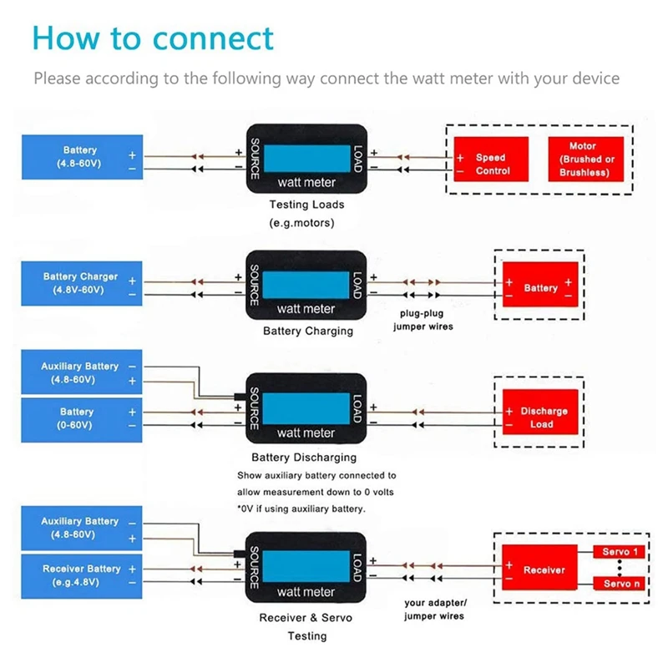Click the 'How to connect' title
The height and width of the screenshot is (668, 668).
[153, 38]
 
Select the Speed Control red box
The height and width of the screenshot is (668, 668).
[491, 159]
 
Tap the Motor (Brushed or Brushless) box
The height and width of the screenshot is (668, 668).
[586, 159]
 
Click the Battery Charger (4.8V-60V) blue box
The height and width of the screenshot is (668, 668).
[82, 283]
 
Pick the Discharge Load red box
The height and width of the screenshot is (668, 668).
[540, 412]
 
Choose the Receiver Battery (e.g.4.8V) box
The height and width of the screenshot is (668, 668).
[82, 576]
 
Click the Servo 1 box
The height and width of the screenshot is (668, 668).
[620, 552]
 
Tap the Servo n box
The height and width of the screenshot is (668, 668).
[620, 584]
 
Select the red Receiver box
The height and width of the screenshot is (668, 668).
[539, 568]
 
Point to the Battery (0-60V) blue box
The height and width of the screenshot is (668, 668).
[82, 420]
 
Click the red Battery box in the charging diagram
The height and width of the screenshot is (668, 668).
[540, 285]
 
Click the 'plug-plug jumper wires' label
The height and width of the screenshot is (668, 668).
[423, 320]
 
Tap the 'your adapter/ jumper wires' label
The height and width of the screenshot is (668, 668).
[434, 610]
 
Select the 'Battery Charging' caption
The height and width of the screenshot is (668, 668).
[308, 331]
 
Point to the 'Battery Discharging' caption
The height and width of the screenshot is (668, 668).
[304, 457]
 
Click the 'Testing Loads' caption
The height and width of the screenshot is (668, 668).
[306, 205]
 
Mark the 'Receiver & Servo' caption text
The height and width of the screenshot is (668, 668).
[306, 618]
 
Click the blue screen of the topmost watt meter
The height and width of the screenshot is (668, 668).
[307, 159]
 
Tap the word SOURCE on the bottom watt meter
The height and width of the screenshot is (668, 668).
[255, 568]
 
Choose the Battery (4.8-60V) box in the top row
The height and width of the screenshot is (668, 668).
[82, 157]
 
